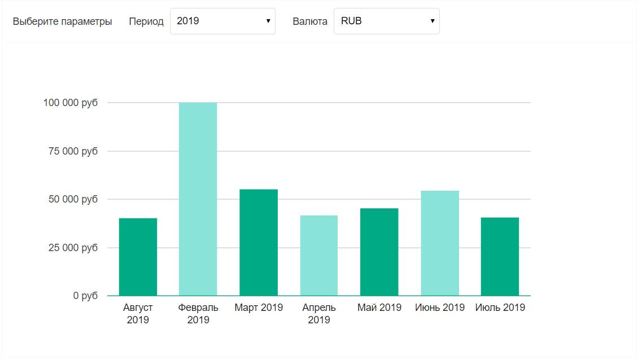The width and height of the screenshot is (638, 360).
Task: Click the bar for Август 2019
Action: [x=138, y=257]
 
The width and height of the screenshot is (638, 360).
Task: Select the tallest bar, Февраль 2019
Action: [x=198, y=199]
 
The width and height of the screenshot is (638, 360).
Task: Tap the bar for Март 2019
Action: [x=259, y=243]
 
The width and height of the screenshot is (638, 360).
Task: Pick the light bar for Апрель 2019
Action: [x=319, y=256]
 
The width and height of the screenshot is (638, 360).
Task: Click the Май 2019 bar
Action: [x=379, y=252]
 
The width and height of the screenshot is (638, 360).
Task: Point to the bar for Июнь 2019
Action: [x=440, y=243]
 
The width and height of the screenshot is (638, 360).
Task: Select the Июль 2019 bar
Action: [x=500, y=257]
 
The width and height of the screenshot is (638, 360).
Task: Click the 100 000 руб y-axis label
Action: [x=70, y=103]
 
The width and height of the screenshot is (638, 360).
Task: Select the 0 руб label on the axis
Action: [x=85, y=296]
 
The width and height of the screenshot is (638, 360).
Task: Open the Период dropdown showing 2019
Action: [x=222, y=21]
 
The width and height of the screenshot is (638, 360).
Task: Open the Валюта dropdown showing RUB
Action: [x=386, y=21]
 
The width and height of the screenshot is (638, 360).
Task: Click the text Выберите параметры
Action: [x=62, y=21]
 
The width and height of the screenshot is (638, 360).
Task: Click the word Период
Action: [x=146, y=21]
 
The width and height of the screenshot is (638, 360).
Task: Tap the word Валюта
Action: [x=310, y=21]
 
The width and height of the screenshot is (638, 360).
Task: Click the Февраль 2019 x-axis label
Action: [x=198, y=314]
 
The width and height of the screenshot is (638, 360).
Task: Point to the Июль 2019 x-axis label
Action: [x=500, y=308]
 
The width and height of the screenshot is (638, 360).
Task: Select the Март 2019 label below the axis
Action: [x=259, y=308]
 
